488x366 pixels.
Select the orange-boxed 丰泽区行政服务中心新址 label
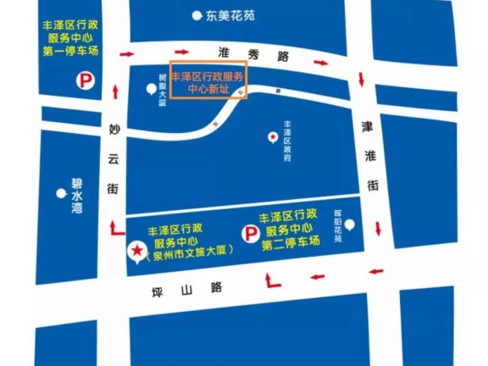click(208, 81)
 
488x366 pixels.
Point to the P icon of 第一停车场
click(86, 81)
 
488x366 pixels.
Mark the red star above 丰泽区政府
click(272, 137)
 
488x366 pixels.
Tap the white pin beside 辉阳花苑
click(350, 226)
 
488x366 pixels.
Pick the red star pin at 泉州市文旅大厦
click(135, 251)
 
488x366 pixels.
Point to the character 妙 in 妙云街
click(114, 130)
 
